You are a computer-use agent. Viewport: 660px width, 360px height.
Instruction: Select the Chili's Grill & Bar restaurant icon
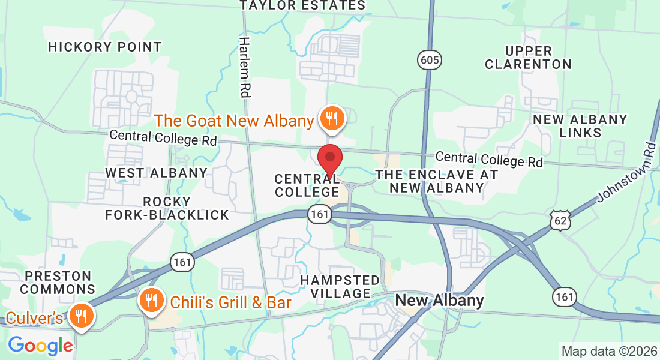(151, 300)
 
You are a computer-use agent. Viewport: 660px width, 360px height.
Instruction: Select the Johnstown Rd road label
(625, 172)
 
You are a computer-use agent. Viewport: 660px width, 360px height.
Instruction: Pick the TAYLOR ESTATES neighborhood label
(302, 5)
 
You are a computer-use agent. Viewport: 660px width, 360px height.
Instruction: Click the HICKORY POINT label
(105, 47)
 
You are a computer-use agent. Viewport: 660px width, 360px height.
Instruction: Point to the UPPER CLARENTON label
(528, 57)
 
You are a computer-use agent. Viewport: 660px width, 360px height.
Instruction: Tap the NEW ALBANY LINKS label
(580, 126)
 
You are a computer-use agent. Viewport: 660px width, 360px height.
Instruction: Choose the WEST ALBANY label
(156, 173)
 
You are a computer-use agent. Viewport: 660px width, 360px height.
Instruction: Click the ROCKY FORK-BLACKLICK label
(167, 208)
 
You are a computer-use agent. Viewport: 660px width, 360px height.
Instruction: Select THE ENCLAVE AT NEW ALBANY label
(436, 181)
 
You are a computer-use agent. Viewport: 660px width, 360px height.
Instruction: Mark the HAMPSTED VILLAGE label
(340, 287)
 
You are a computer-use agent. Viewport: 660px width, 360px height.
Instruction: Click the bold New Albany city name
(439, 301)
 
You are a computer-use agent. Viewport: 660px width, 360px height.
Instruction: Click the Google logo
(40, 346)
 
